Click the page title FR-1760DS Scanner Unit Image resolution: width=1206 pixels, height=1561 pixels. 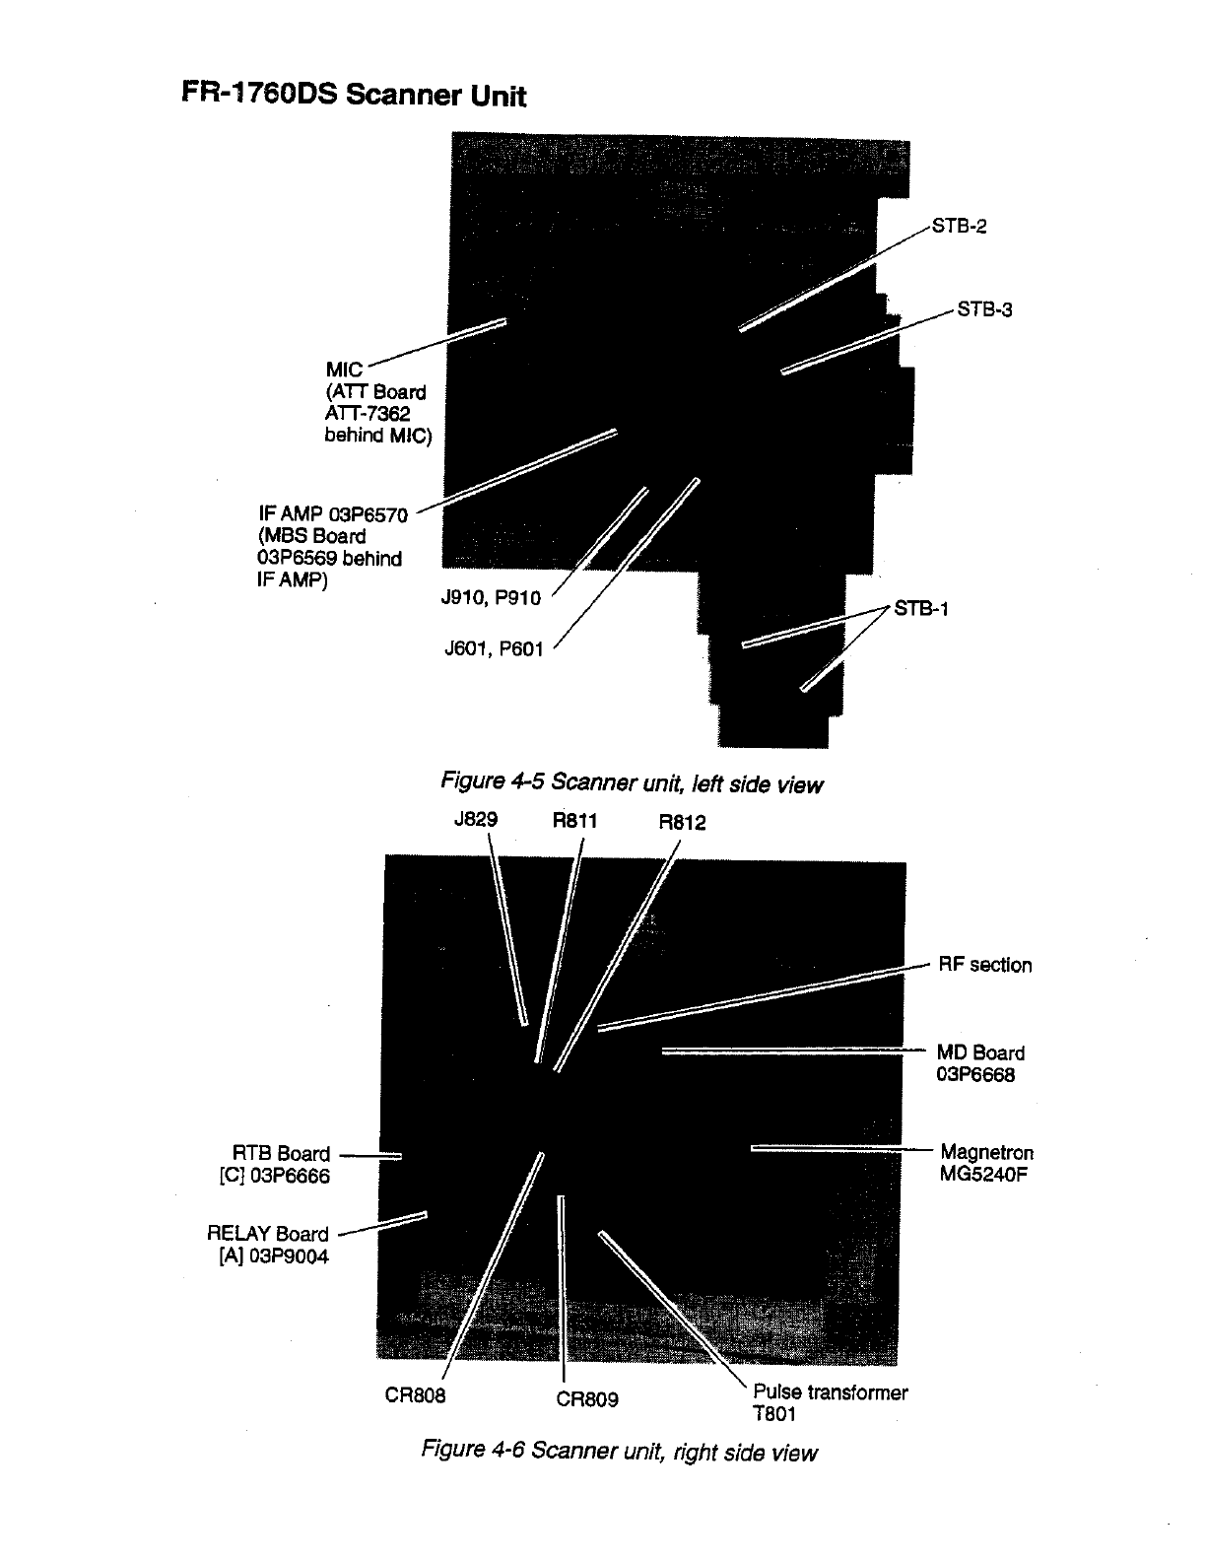coord(354,95)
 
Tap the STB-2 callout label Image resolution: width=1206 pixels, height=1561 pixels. coord(959,226)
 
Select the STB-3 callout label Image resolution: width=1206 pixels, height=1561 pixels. coord(984,309)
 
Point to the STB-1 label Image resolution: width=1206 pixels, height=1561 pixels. coord(920,608)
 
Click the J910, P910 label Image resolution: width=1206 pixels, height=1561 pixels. coord(491,598)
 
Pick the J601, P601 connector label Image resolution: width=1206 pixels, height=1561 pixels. coord(494,648)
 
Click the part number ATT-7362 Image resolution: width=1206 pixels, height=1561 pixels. coord(368,414)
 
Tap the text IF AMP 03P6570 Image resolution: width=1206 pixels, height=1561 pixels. coord(333,513)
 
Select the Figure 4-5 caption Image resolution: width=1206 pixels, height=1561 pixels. coord(631,783)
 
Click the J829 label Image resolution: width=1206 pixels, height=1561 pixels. coord(476,819)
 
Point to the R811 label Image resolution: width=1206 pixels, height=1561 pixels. coord(575,820)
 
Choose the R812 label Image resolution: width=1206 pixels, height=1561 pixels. coord(682,823)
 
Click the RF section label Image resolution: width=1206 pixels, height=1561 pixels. coord(984,965)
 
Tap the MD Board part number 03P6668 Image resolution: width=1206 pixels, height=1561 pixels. coord(975,1074)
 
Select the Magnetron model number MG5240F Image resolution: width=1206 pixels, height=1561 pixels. coord(984,1174)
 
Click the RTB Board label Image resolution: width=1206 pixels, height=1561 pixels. coord(281,1154)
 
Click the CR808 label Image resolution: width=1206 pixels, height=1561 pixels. coord(415,1395)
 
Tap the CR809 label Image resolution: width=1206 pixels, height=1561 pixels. coord(587,1399)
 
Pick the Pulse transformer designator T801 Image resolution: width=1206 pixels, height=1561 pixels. coord(773,1414)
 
